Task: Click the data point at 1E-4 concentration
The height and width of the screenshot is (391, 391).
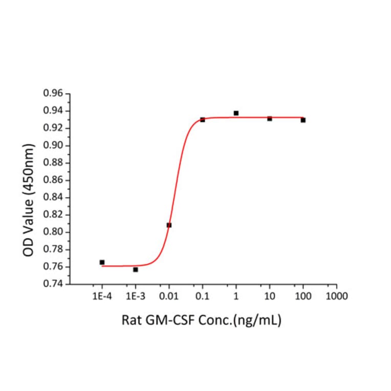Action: tap(102, 262)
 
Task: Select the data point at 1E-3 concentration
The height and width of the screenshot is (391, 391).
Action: tap(135, 269)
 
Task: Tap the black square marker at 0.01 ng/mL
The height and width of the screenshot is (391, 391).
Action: tap(169, 225)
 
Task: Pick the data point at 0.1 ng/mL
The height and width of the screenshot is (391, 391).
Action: tap(203, 119)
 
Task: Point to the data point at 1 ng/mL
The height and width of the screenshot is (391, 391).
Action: tap(236, 113)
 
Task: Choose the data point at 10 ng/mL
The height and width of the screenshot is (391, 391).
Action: tap(270, 118)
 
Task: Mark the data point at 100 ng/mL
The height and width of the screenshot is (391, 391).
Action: tap(303, 120)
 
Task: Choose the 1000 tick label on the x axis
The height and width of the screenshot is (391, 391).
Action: tap(337, 296)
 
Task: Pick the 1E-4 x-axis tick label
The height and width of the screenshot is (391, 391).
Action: tap(102, 296)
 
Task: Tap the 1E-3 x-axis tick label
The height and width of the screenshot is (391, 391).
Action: tap(135, 296)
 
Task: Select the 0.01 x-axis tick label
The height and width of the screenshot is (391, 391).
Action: tap(169, 296)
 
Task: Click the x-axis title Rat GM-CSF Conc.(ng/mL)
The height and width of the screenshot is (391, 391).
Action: tap(202, 321)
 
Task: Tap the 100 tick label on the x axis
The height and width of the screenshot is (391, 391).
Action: tap(303, 296)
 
